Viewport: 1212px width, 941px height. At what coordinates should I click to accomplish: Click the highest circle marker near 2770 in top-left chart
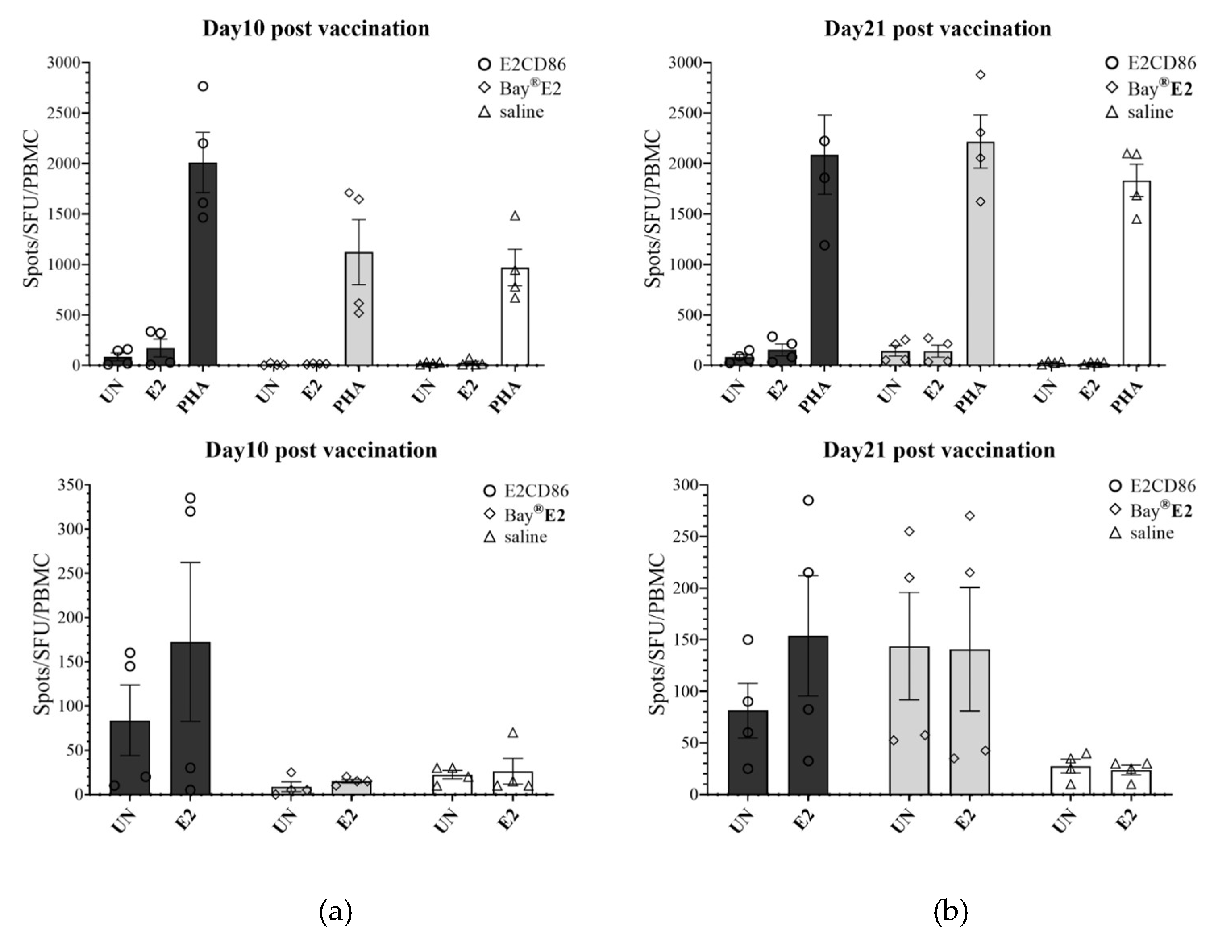pos(203,86)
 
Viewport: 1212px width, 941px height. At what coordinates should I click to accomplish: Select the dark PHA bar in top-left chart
pos(203,266)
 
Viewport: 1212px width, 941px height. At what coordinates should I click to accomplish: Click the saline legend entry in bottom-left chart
pos(516,536)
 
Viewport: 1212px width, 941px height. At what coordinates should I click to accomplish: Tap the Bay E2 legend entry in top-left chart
pos(520,88)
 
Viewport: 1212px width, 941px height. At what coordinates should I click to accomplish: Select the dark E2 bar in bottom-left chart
pos(190,719)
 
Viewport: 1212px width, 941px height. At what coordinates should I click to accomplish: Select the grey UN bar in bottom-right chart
pos(909,721)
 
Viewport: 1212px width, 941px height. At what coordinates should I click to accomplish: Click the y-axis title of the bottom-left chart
pos(43,634)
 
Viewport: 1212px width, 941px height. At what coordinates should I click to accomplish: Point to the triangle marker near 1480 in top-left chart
pos(515,216)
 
